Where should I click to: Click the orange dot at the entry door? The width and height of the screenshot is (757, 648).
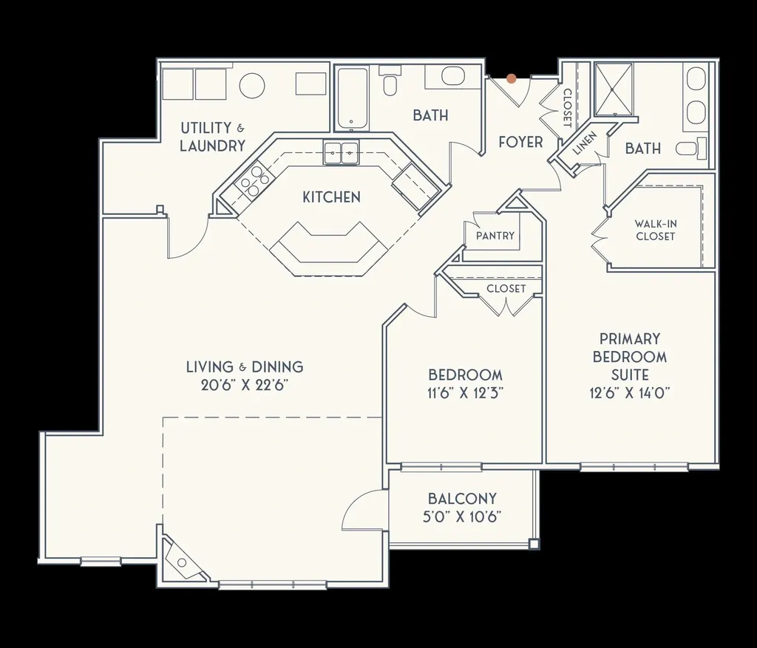[511, 78]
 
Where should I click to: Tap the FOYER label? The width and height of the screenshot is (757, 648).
[520, 142]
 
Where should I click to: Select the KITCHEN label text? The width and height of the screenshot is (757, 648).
[331, 197]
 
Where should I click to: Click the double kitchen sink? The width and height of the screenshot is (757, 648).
[341, 153]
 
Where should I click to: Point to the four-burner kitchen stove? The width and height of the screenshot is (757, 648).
[251, 181]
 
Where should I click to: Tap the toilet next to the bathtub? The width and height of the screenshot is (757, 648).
[390, 83]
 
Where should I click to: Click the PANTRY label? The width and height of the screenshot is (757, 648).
[495, 236]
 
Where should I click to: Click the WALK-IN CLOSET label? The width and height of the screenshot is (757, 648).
[655, 230]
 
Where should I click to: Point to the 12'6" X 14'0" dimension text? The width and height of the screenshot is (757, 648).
[630, 393]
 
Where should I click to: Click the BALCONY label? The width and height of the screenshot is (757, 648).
[462, 499]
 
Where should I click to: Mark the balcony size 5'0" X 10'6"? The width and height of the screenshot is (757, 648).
[462, 516]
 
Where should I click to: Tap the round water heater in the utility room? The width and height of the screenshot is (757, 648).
[252, 86]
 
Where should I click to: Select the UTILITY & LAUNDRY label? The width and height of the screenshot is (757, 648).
[212, 137]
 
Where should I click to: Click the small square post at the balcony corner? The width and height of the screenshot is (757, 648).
[534, 544]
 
